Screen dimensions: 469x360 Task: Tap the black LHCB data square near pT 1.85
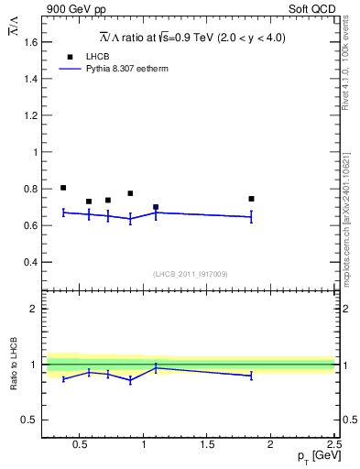251,199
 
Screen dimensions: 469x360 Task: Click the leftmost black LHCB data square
63,188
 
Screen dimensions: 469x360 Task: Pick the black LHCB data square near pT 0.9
130,193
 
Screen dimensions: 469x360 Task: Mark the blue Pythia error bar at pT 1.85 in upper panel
251,216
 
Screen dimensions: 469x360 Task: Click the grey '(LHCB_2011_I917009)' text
191,274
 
